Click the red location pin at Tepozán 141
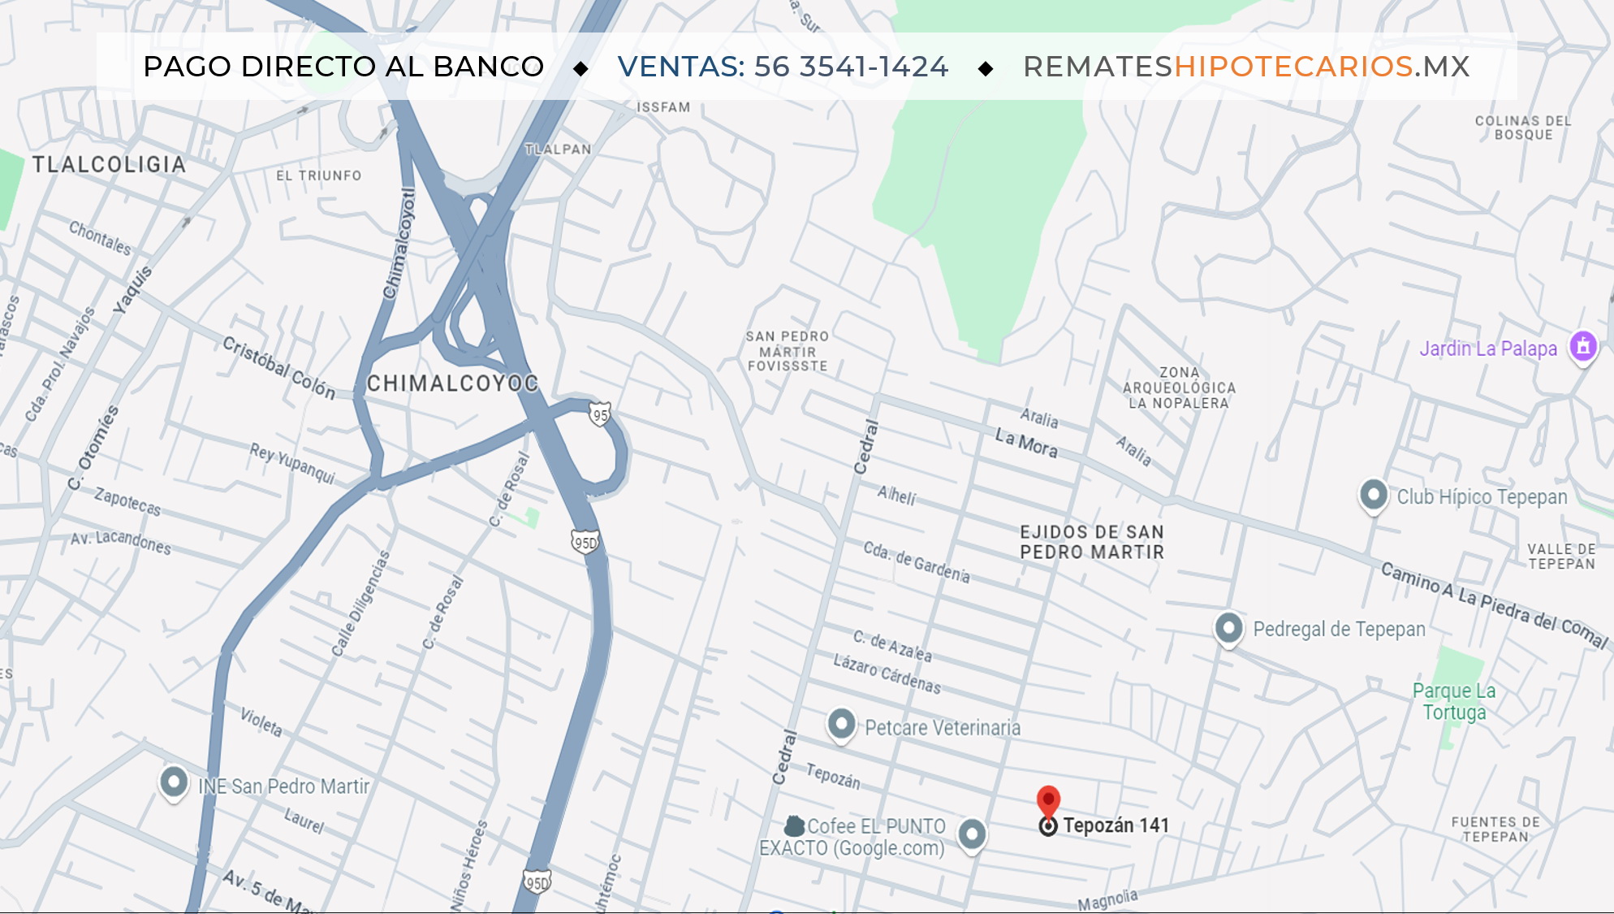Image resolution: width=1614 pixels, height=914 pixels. click(x=1048, y=801)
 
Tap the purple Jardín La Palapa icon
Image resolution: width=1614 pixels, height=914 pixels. click(x=1582, y=347)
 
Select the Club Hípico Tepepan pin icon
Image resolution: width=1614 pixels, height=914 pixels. click(x=1373, y=495)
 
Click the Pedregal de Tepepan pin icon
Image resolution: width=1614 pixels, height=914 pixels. click(x=1228, y=628)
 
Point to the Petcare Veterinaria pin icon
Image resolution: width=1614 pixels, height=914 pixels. click(x=841, y=723)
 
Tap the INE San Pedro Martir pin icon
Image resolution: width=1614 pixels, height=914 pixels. click(x=173, y=782)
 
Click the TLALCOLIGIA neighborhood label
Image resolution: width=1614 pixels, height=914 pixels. click(x=109, y=164)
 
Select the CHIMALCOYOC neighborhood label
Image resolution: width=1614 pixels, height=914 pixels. click(x=452, y=383)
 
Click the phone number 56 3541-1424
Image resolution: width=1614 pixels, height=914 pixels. click(x=851, y=67)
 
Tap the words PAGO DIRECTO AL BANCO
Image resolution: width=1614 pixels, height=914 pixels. click(x=343, y=67)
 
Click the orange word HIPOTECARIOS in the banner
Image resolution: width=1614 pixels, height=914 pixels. click(x=1293, y=67)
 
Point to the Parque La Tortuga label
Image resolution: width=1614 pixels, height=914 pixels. click(x=1453, y=701)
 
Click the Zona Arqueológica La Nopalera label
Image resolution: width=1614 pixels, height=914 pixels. click(x=1179, y=388)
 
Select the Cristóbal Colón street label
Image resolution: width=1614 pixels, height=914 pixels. click(x=278, y=367)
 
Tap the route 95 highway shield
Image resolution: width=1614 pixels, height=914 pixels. click(x=599, y=415)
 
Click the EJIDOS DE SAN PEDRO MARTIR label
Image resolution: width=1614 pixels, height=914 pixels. click(x=1091, y=542)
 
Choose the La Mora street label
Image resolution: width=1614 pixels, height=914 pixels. click(x=1026, y=444)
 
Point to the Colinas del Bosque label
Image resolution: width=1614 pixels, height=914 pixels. click(x=1522, y=128)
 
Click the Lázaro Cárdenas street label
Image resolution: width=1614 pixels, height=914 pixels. click(x=887, y=674)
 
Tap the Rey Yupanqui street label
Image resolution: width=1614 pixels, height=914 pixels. click(x=292, y=463)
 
